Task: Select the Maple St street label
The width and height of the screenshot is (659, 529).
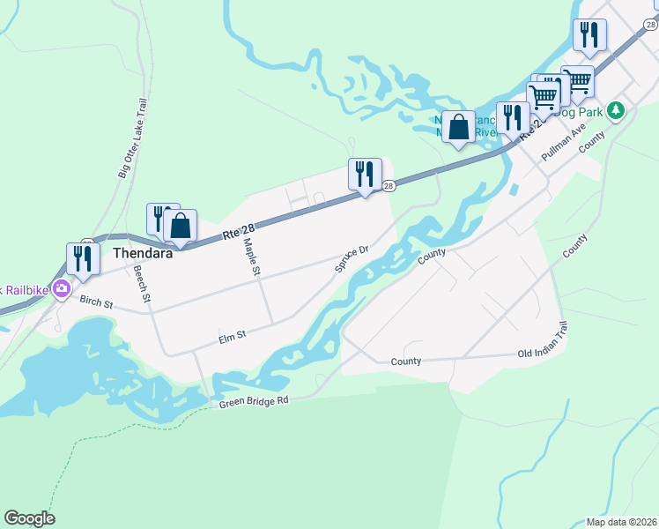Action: pos(251,257)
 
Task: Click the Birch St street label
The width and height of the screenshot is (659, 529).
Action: pos(97,303)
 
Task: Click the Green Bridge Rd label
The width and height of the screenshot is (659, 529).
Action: pos(255,401)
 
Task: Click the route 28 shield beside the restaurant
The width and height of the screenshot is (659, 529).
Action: pos(388,185)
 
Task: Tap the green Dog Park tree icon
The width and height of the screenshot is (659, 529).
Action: pos(618,110)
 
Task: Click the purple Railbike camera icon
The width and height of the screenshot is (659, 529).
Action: pos(61,287)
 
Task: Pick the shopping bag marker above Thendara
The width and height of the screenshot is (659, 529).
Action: pos(180,226)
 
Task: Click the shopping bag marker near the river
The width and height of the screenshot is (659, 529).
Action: pos(458,128)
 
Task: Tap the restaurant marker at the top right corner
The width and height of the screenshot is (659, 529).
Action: pos(588,35)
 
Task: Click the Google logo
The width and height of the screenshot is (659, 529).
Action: pos(29,518)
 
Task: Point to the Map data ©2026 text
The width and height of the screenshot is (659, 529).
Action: pos(621,522)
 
